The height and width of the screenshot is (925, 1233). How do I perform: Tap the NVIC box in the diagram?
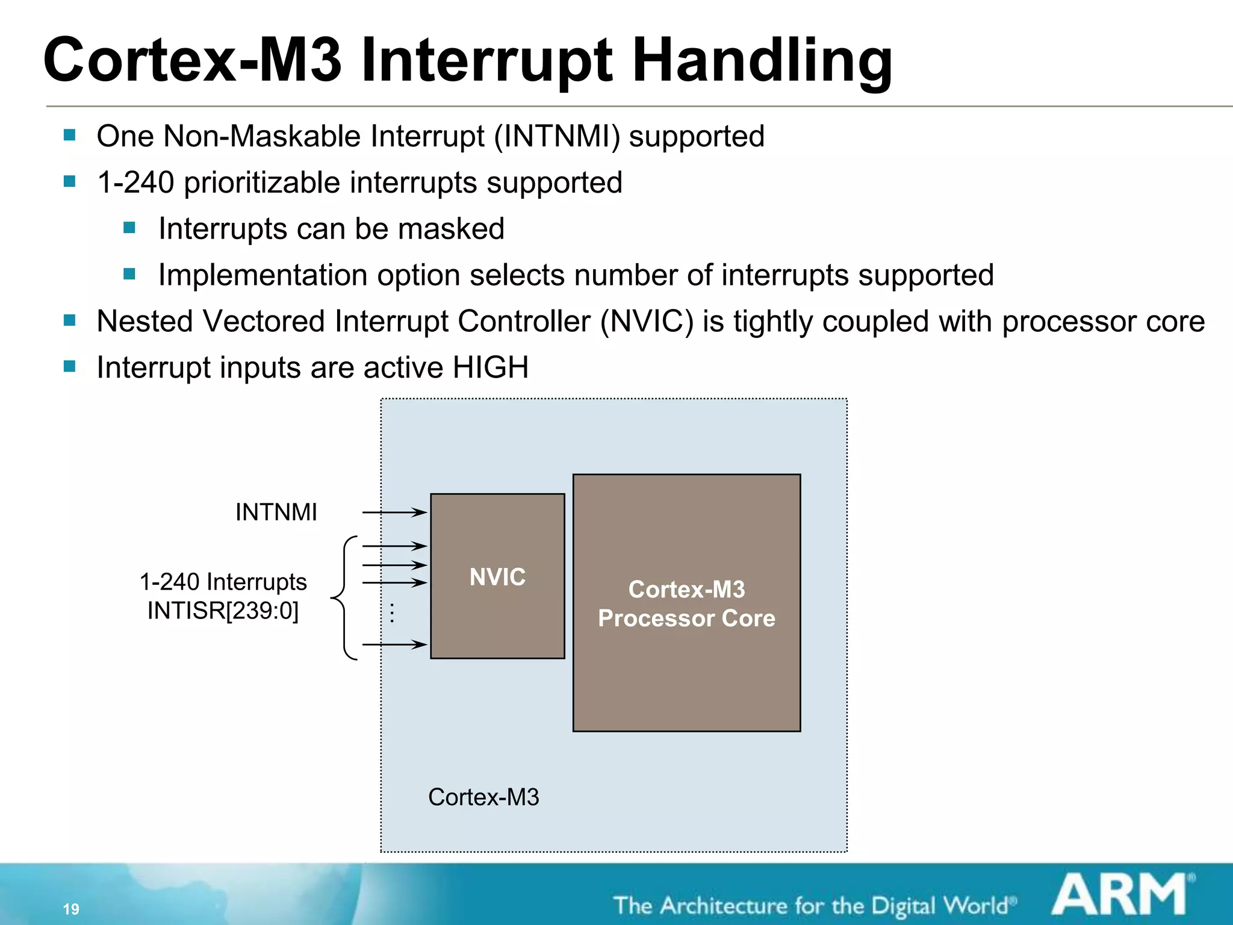(497, 576)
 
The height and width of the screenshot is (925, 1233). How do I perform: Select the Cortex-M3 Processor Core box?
(686, 603)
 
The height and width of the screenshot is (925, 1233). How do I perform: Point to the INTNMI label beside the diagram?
(276, 512)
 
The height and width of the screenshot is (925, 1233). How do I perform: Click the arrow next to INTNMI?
(394, 512)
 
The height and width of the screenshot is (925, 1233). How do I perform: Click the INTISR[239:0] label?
(223, 611)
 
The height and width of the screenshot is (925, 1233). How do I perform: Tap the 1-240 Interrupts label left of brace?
(223, 582)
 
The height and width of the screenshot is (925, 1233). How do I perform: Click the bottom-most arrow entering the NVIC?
(394, 644)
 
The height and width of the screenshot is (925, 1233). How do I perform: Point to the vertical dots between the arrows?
(392, 613)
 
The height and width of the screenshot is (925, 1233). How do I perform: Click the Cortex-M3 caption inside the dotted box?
(483, 797)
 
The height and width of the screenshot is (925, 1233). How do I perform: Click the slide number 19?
(71, 909)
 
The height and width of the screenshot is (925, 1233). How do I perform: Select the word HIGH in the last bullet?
(491, 367)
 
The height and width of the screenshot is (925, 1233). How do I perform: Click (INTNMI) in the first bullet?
(557, 136)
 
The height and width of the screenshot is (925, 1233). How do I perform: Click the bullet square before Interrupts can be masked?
(129, 228)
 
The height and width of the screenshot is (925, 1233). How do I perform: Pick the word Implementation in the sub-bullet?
(262, 275)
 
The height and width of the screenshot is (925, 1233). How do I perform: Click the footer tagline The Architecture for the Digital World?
(813, 906)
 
